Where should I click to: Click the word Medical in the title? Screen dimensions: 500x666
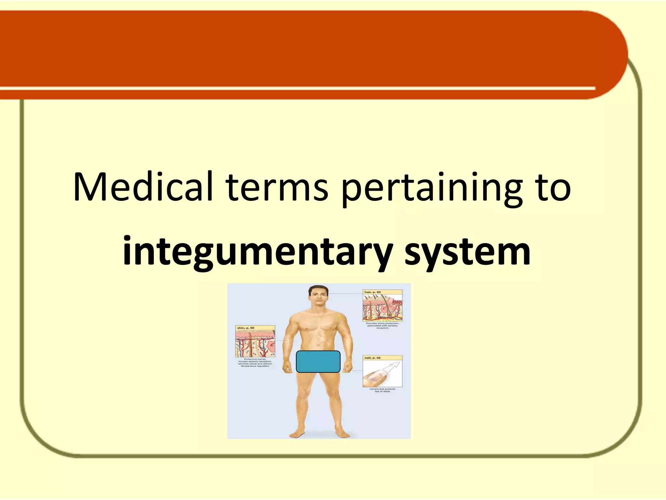(143, 187)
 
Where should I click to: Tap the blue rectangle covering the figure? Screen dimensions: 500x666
(318, 362)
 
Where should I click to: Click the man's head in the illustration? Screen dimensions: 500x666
(318, 296)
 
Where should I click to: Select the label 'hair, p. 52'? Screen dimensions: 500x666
(373, 292)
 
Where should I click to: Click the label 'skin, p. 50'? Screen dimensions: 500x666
(246, 328)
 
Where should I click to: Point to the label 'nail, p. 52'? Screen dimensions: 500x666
(373, 358)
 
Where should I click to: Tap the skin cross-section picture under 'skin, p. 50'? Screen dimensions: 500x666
(255, 344)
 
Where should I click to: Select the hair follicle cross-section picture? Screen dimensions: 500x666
(382, 308)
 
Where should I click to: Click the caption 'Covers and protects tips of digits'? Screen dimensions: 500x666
(382, 390)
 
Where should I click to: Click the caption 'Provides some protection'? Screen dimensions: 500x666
(382, 326)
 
